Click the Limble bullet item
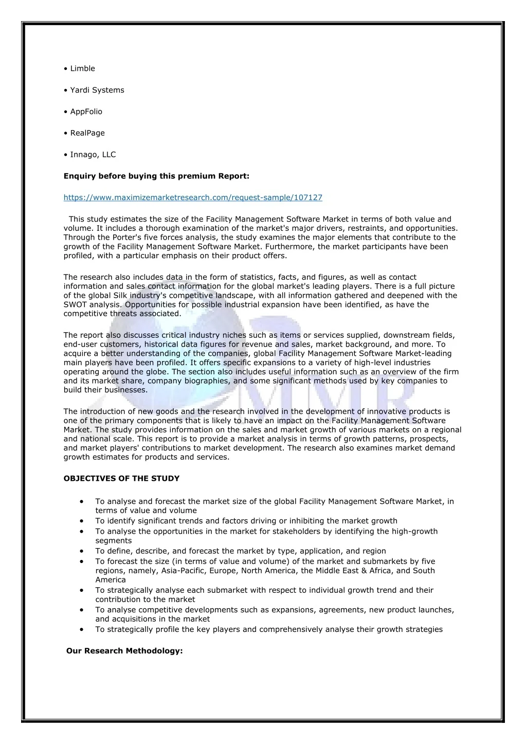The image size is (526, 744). [x=82, y=68]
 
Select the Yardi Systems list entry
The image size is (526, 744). [x=97, y=90]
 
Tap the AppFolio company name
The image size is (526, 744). [x=86, y=112]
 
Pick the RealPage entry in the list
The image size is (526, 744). [x=87, y=133]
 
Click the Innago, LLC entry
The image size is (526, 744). [x=93, y=154]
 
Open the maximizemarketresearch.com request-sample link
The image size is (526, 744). [x=193, y=197]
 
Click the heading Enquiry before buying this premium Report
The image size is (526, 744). [x=156, y=176]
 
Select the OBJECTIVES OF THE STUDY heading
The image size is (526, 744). [x=121, y=478]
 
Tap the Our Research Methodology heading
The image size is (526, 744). [x=124, y=651]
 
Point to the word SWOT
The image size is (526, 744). [x=76, y=305]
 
